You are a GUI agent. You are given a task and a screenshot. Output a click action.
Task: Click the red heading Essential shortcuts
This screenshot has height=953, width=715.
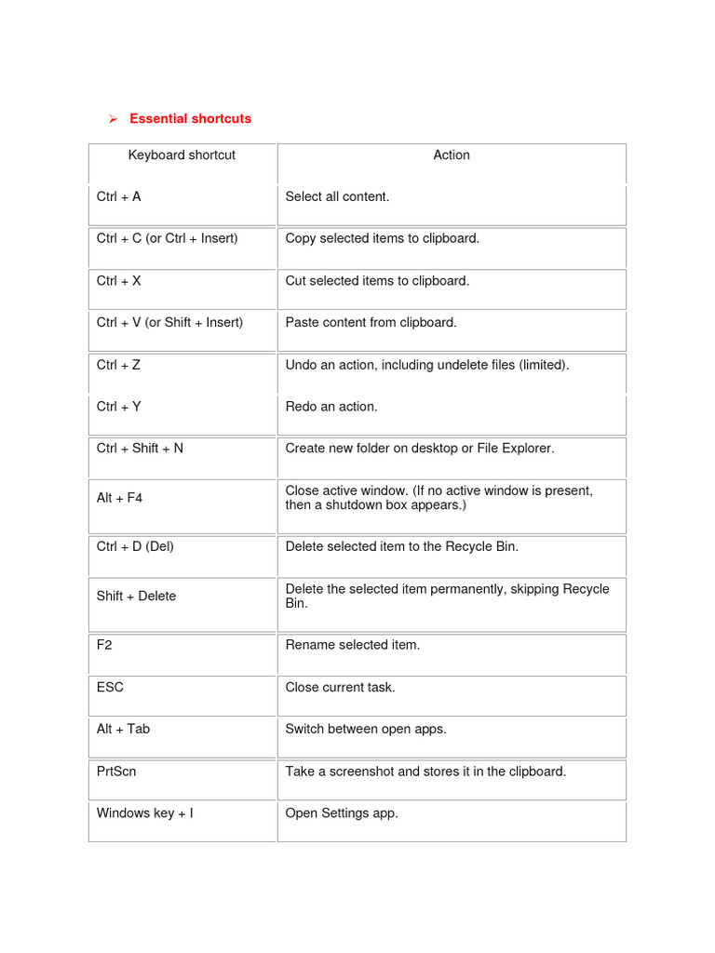click(x=190, y=119)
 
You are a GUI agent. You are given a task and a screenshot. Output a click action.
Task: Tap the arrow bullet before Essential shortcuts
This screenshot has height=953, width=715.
click(x=112, y=119)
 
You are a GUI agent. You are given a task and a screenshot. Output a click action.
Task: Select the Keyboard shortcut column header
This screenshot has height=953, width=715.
click(x=182, y=155)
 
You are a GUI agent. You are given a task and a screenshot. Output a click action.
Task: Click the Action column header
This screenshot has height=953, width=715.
click(x=452, y=155)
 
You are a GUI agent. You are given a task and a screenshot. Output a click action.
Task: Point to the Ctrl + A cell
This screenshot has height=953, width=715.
click(x=119, y=197)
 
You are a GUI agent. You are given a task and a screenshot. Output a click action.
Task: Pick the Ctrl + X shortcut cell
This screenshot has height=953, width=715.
click(x=119, y=281)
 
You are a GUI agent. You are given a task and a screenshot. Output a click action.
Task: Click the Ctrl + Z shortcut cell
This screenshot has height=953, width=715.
click(x=119, y=365)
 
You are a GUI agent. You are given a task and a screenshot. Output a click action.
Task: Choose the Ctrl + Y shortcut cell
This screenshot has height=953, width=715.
click(x=119, y=407)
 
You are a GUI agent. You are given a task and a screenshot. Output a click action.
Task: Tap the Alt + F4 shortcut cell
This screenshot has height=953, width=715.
click(x=120, y=498)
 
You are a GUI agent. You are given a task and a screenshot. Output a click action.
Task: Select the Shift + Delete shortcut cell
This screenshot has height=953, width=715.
click(x=136, y=596)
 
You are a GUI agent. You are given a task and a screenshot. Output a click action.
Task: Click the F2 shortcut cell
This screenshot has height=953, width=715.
click(x=104, y=645)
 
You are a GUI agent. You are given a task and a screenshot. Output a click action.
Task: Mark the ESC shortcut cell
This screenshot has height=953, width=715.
click(x=110, y=687)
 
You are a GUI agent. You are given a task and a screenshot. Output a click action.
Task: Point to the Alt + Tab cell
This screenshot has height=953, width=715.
click(x=123, y=729)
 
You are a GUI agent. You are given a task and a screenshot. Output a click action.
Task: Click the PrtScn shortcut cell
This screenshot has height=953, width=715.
click(x=116, y=772)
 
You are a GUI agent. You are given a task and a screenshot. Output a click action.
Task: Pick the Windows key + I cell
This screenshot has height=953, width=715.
click(x=145, y=813)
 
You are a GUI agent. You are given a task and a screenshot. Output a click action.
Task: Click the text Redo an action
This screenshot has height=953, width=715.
click(x=331, y=407)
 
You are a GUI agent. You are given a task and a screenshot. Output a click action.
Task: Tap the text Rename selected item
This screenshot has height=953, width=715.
click(x=353, y=645)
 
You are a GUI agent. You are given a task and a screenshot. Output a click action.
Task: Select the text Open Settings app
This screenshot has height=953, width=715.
click(x=342, y=813)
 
